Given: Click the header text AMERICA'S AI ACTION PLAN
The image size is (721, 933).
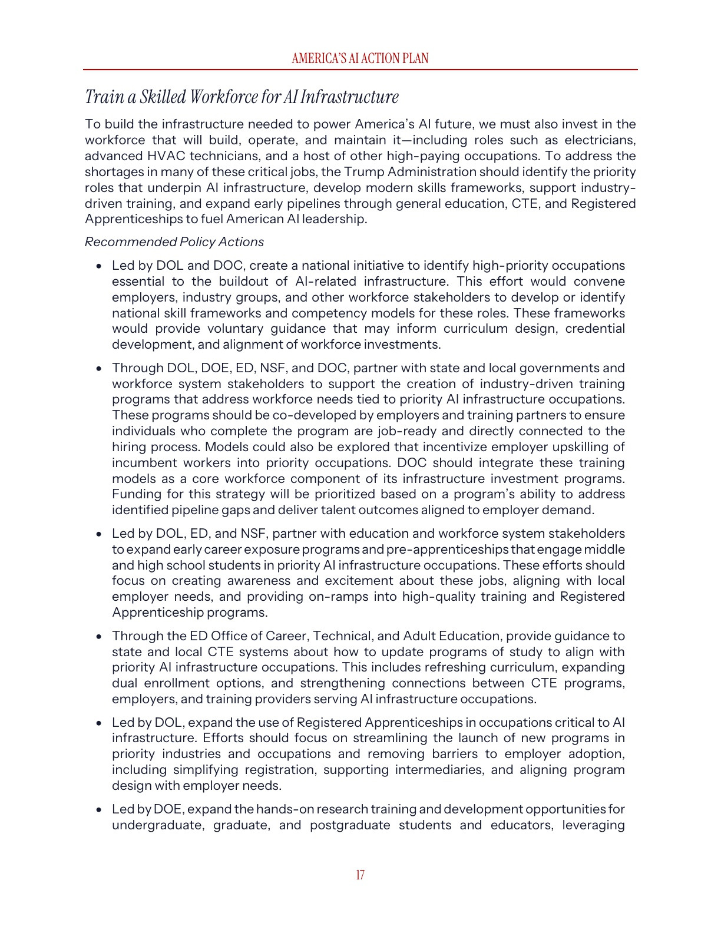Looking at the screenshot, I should tap(360, 58).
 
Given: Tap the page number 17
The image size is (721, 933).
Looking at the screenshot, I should tap(360, 875).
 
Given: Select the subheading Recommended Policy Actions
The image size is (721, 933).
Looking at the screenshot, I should tap(174, 242).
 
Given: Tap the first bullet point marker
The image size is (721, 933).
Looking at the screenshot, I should tap(100, 266).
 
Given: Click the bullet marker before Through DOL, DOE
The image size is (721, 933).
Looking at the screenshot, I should tap(100, 369).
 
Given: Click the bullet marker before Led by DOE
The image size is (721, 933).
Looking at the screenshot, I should tap(100, 810).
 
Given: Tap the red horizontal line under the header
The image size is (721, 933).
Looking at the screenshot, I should tap(360, 70).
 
